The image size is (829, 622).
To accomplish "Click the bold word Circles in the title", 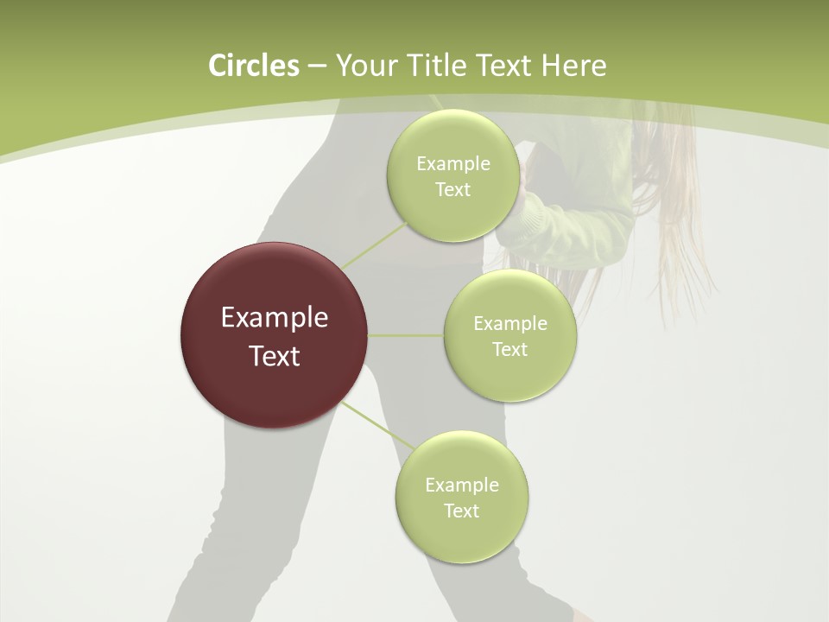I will click(x=253, y=66).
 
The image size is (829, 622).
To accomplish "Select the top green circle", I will click(x=452, y=138).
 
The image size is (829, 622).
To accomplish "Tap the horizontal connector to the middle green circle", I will click(x=405, y=335).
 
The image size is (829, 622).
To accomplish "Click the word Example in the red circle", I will click(x=274, y=318).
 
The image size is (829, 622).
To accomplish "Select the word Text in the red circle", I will click(x=274, y=356).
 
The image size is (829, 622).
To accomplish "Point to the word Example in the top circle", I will click(x=452, y=164).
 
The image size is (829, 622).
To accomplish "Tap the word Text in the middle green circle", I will click(x=509, y=350).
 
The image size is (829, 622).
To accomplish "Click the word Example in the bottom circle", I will click(x=461, y=486).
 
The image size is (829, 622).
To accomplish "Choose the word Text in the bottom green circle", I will click(x=461, y=511).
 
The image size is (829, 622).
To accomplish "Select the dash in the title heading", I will click(x=316, y=67).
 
